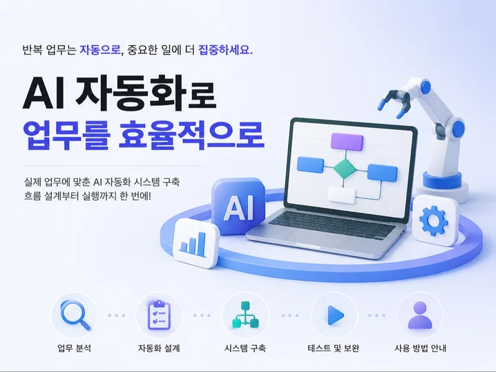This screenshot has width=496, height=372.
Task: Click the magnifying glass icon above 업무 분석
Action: coord(75,315)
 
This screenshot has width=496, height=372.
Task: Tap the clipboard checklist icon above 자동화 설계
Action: coord(159,315)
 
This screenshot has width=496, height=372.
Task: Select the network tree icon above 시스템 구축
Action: coord(245,315)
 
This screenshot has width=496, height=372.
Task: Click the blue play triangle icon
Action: coord(335,315)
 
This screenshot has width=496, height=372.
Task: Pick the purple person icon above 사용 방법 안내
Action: coord(420,315)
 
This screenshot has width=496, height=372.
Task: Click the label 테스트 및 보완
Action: coord(333,348)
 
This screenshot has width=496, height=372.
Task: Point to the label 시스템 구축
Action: coord(245,348)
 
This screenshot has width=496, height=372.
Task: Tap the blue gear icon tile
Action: coord(436,220)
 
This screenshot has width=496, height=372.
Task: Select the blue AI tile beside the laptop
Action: coord(238,207)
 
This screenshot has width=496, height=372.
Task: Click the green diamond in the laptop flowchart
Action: coord(345,168)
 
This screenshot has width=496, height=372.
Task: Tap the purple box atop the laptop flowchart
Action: coord(347,141)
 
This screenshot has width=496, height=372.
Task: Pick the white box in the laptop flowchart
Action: coord(342,195)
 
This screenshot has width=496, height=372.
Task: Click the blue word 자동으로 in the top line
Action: coord(100,50)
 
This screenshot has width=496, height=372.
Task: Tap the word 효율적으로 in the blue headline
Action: coord(191,136)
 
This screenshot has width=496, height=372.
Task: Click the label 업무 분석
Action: coord(75,348)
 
